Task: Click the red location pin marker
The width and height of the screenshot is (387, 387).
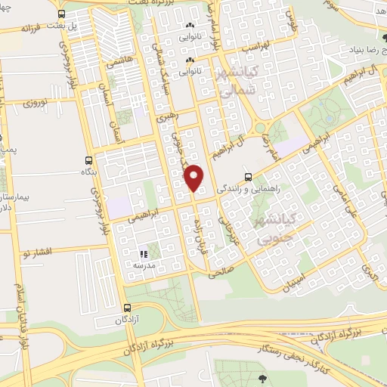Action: click(x=194, y=178)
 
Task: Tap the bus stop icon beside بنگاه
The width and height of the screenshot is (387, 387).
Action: click(x=89, y=160)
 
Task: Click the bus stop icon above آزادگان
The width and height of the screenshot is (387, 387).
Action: click(x=127, y=308)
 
